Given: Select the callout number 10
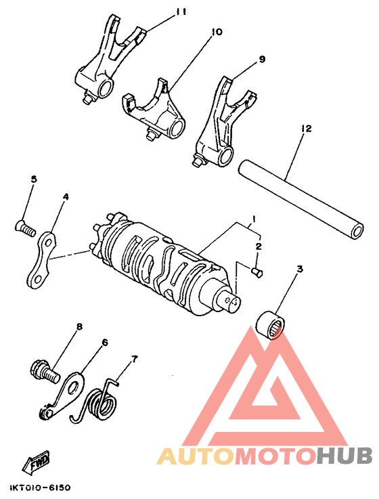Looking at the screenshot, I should coord(217,32).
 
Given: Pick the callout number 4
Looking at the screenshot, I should coord(66,197).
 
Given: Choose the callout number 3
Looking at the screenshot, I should coord(299,270).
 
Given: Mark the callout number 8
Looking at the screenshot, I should coord(79,327).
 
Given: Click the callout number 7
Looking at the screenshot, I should coord(133,358).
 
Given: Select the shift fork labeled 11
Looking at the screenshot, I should coord(108,61).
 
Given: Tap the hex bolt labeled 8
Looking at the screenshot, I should coord(42,371).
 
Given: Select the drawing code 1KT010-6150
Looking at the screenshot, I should coord(39,487).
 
